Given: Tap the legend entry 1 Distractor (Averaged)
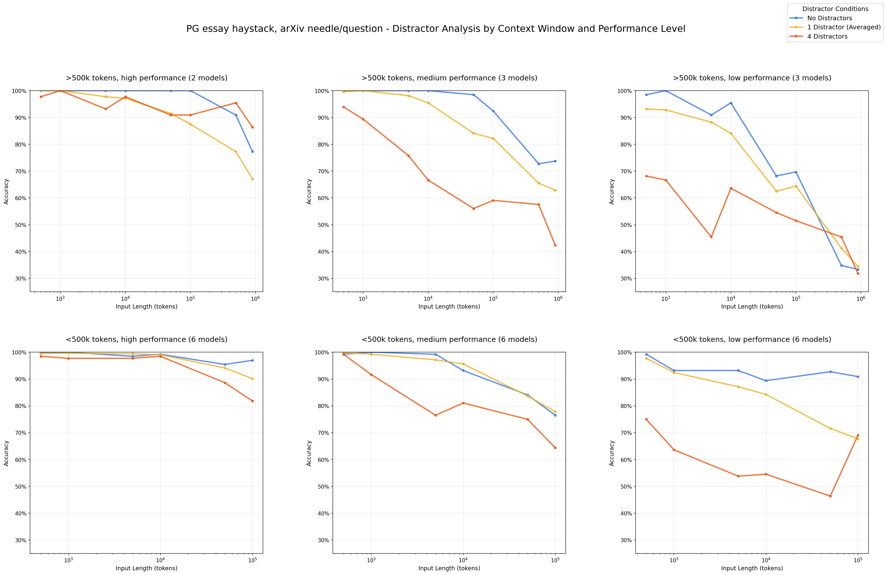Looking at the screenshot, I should pyautogui.click(x=844, y=27).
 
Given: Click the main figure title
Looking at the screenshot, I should pyautogui.click(x=436, y=29).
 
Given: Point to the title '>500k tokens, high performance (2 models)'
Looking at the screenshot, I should pyautogui.click(x=146, y=78).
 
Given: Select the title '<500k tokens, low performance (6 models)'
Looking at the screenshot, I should pyautogui.click(x=752, y=340).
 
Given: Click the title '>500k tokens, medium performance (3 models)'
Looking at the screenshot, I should pyautogui.click(x=449, y=78).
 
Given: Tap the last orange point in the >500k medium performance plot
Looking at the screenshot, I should pyautogui.click(x=555, y=245).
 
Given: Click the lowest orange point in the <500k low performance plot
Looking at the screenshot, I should pyautogui.click(x=830, y=496).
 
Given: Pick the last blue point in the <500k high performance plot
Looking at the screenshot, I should pyautogui.click(x=252, y=360).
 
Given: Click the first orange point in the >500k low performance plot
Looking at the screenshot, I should pyautogui.click(x=646, y=176).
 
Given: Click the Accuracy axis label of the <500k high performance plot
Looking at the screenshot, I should pyautogui.click(x=6, y=453).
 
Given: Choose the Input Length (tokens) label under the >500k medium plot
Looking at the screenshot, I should pyautogui.click(x=449, y=307).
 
